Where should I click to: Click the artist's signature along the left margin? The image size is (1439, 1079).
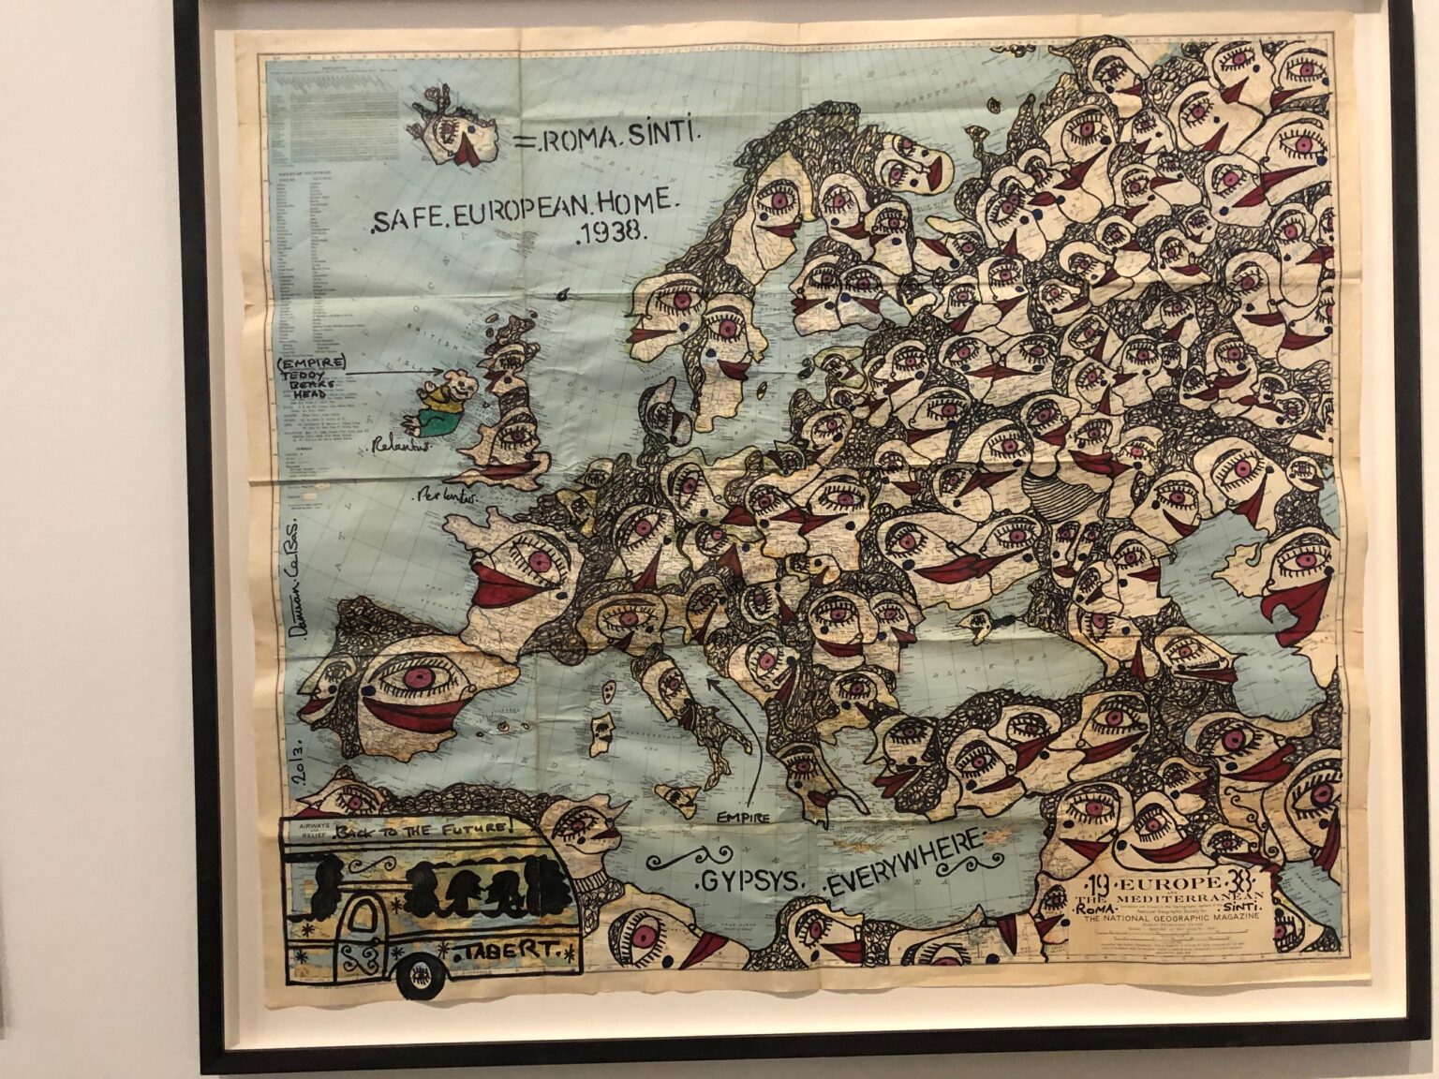coord(299,582)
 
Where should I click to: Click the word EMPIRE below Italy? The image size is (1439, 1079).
coord(745,817)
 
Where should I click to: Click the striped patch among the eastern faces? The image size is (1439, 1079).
coord(1039,489)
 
